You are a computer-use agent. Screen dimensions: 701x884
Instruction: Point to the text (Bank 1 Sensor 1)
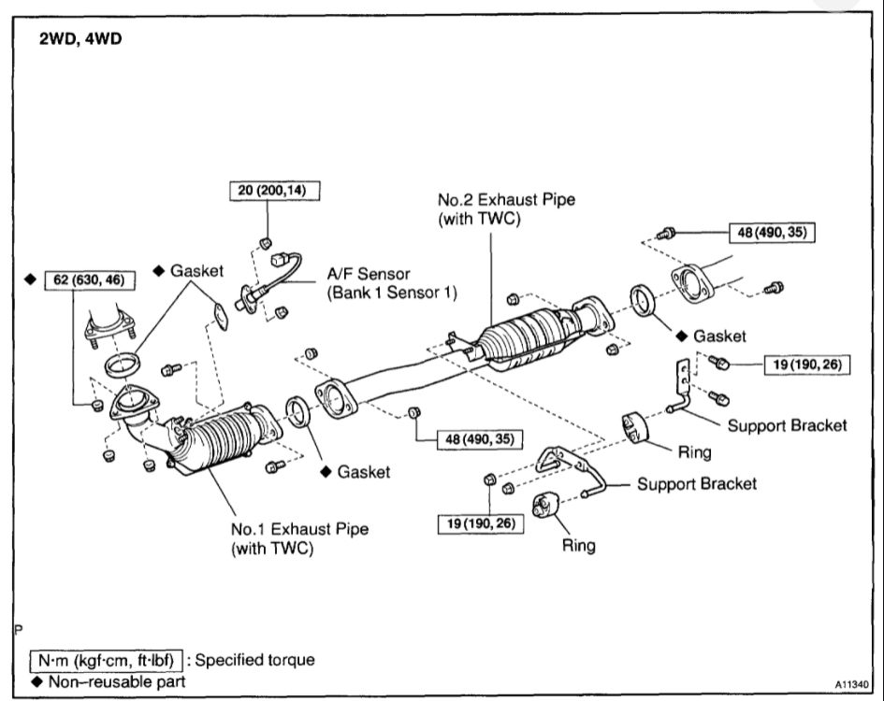coord(390,292)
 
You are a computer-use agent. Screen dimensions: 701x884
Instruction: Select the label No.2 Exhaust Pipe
coord(506,199)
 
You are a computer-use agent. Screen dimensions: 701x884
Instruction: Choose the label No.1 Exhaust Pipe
coord(299,529)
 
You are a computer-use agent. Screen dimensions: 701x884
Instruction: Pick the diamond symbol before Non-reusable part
coord(35,681)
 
